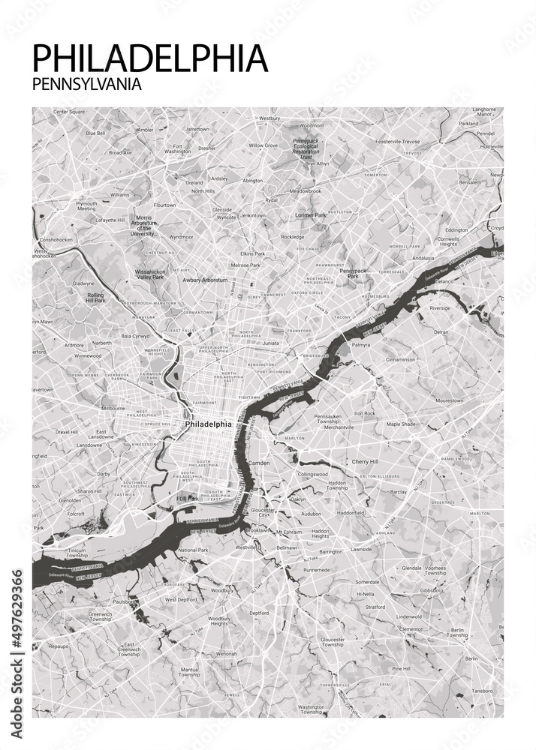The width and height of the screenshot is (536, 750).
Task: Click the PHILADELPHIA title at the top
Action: point(150,58)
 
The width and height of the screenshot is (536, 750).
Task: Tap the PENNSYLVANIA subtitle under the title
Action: point(87,84)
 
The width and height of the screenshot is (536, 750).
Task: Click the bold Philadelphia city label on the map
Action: point(208,424)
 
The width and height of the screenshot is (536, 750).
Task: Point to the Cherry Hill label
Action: point(366,461)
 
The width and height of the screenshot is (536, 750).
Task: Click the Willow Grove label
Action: point(263,145)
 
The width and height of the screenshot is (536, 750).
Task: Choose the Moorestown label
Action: point(450,400)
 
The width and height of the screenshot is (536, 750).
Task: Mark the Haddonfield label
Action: point(350,513)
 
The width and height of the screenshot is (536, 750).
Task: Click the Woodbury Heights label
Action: point(218,622)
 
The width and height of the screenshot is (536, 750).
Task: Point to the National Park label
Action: point(193,550)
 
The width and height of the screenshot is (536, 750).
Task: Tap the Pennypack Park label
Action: point(353,273)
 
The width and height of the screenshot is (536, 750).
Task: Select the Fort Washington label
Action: point(178,148)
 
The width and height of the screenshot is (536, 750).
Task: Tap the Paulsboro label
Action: point(125,601)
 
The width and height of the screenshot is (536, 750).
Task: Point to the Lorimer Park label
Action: point(311,215)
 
